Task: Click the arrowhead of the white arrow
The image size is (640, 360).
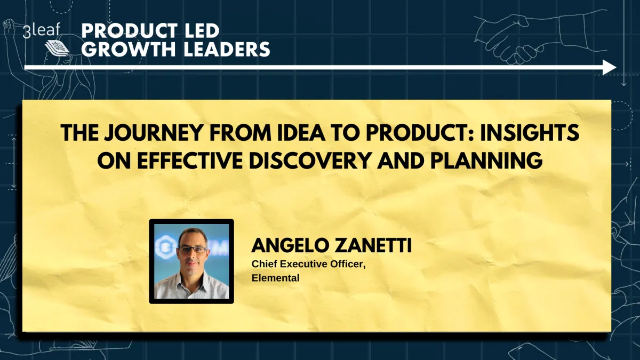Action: tap(610, 67)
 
